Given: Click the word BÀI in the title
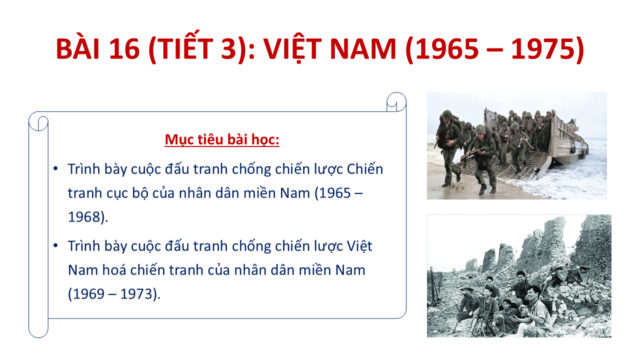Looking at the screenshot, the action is (77, 48).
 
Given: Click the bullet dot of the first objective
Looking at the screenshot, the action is (55, 168).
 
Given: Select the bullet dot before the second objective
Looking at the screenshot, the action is (55, 245).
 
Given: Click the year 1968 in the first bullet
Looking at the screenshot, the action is (84, 217).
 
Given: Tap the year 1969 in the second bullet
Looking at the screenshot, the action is (88, 293).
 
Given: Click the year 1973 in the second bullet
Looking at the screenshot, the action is (136, 293).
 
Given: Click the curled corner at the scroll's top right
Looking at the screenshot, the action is (396, 102).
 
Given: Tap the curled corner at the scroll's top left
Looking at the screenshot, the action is (38, 121).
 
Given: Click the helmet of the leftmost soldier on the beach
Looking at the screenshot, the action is (447, 114).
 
